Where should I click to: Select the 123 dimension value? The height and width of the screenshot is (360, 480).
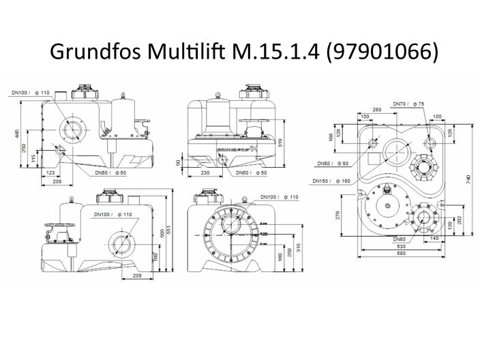[x=50, y=173]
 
